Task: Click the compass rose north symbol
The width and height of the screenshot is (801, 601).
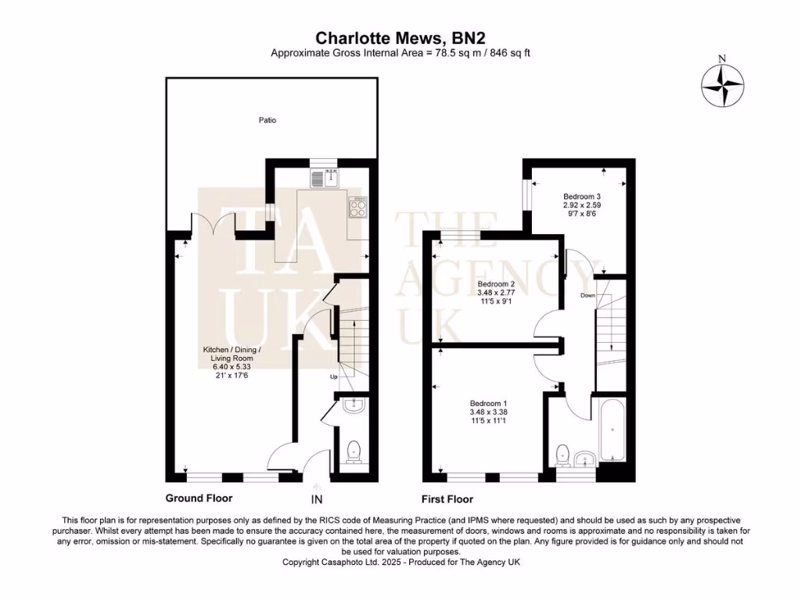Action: pos(723,85)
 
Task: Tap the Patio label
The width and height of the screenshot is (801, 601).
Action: pos(268,121)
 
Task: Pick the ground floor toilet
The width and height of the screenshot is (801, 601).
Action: pos(354,450)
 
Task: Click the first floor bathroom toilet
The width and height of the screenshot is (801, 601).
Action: pos(562,454)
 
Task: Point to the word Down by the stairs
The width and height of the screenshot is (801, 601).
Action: pos(588,296)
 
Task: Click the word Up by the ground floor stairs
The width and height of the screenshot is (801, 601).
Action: pos(332,376)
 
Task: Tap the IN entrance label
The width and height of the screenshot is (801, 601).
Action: pos(317,499)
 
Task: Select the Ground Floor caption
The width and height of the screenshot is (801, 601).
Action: pos(199,498)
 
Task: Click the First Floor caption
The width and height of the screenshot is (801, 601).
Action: pos(447,498)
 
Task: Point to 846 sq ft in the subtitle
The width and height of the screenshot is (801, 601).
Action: pos(509,53)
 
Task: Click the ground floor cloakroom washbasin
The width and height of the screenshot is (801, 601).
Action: pos(354,405)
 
